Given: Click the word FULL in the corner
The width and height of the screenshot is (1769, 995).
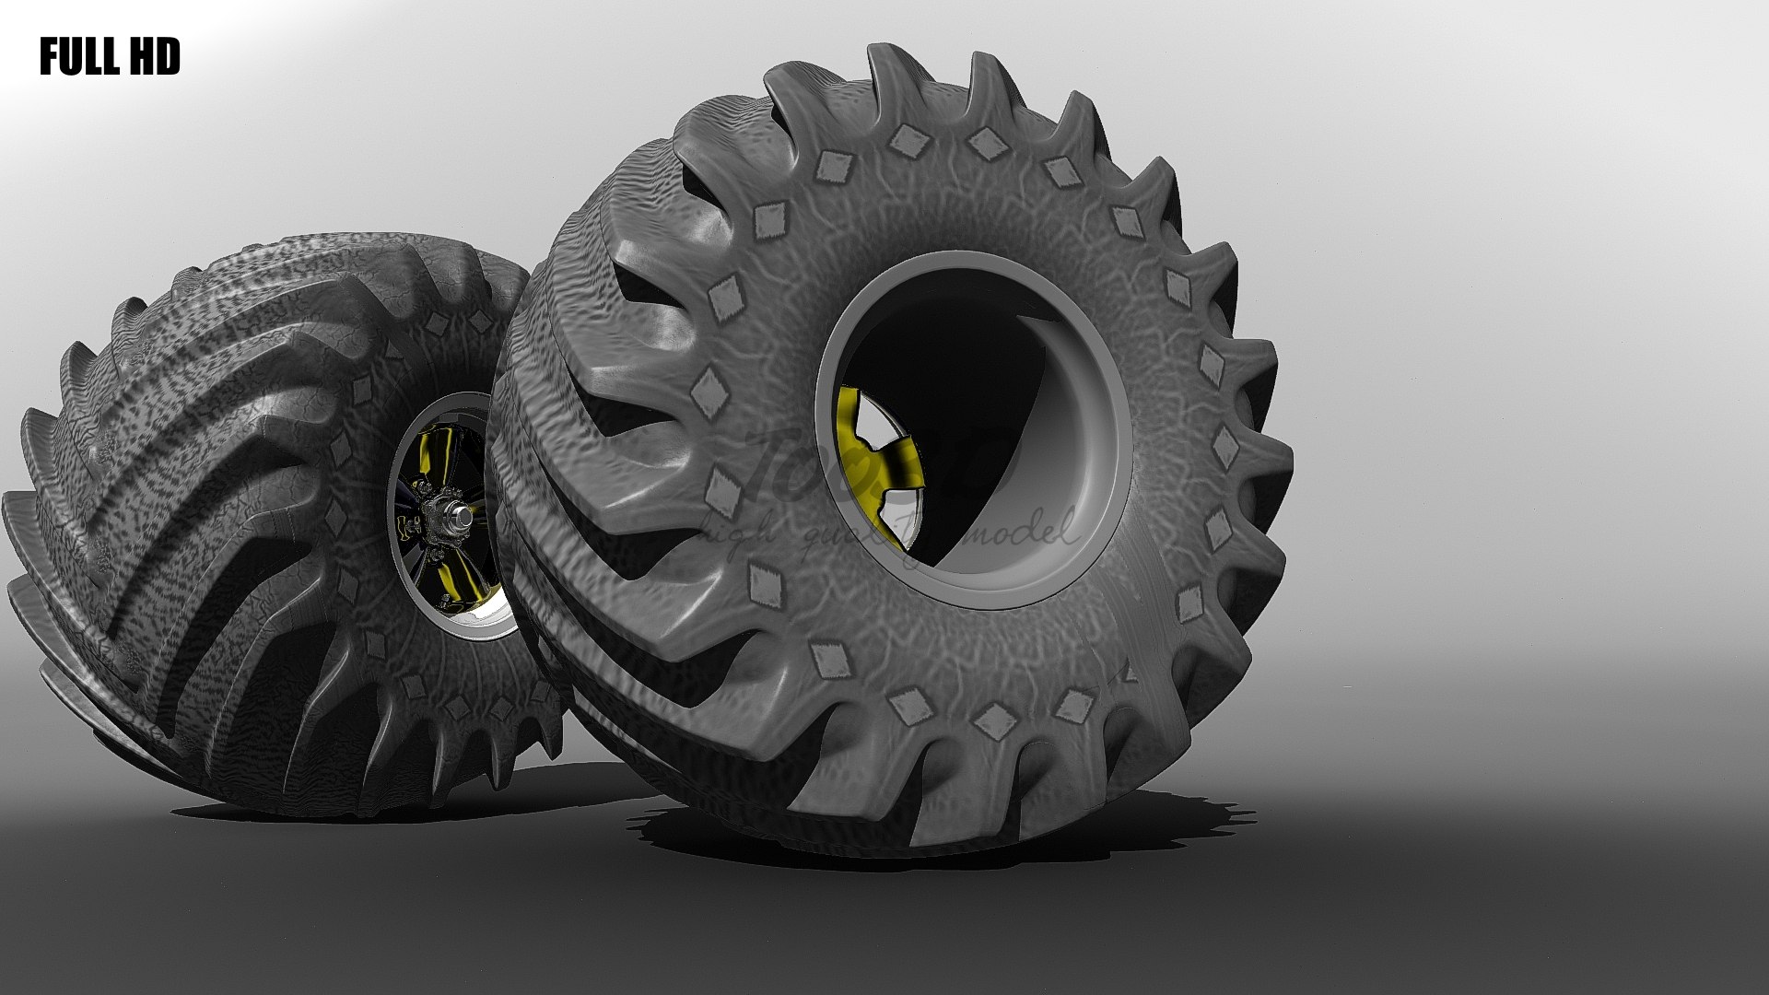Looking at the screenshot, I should coord(77,58).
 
